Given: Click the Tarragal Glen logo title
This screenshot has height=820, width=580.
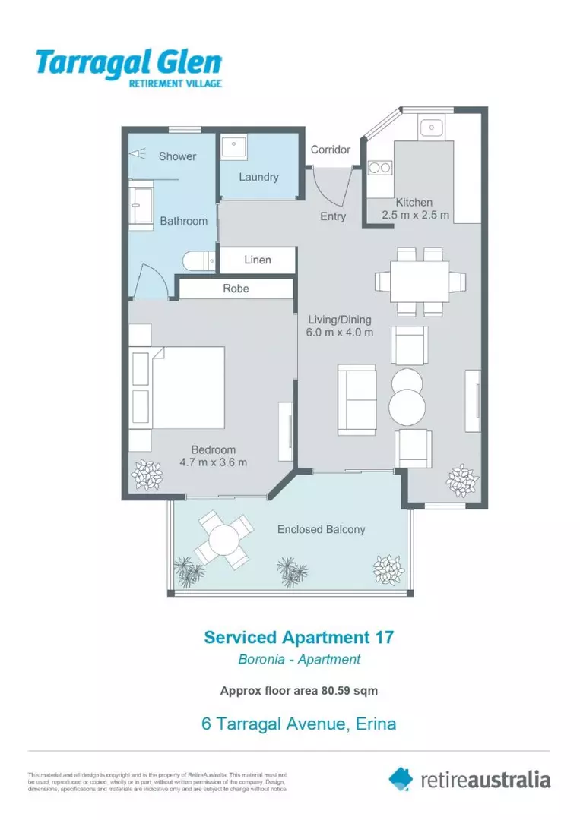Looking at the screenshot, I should [x=128, y=62].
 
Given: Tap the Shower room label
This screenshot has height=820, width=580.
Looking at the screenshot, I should [x=177, y=156].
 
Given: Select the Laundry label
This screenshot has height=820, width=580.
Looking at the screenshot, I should [x=258, y=177].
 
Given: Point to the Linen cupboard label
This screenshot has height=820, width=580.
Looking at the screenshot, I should [x=258, y=260].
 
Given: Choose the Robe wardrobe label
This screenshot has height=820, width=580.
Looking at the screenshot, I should [x=236, y=289].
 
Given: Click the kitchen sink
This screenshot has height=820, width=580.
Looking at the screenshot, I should [x=431, y=126].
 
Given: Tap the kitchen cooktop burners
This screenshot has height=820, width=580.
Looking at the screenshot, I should [x=379, y=169].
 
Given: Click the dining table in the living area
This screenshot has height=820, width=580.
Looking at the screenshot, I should [x=419, y=282].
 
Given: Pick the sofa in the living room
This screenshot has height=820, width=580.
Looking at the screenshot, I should [x=357, y=400].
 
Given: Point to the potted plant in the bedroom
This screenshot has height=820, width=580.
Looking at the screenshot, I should [x=147, y=475].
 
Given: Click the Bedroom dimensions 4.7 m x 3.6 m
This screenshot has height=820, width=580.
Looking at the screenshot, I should [x=214, y=462].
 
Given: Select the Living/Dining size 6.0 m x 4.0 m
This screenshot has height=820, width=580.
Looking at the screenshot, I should [x=340, y=332].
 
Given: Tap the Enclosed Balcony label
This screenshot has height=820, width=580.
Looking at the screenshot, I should [x=321, y=529].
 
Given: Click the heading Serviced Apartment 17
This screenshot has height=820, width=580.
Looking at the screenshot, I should [x=299, y=637].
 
